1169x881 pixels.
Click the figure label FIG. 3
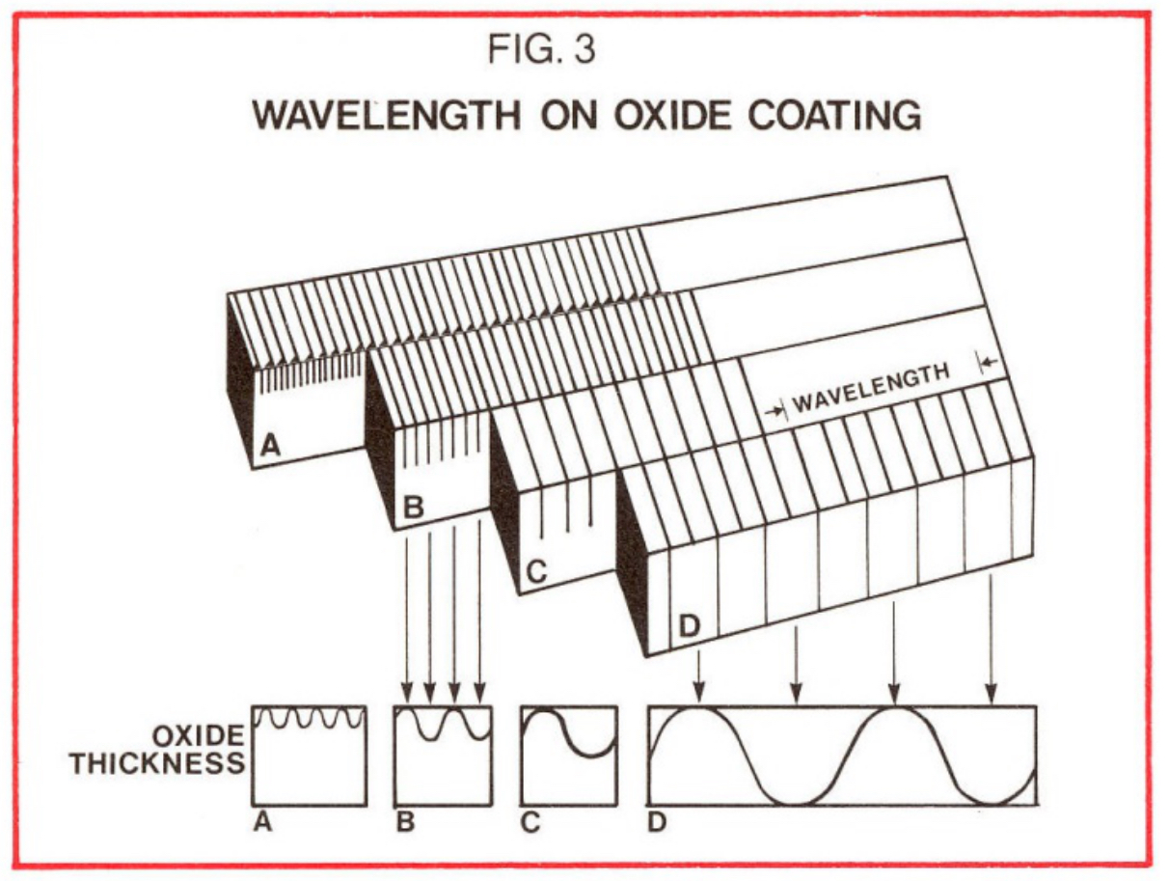[542, 51]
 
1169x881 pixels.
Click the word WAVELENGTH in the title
[384, 115]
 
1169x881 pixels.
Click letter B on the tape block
[412, 507]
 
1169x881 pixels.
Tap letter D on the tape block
[690, 624]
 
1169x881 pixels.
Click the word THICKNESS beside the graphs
[157, 763]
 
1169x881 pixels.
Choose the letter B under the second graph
[405, 823]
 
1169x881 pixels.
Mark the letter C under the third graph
[530, 823]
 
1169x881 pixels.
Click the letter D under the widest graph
[657, 823]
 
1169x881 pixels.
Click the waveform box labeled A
[309, 756]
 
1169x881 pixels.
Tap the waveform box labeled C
[568, 756]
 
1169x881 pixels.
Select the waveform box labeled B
[443, 756]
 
